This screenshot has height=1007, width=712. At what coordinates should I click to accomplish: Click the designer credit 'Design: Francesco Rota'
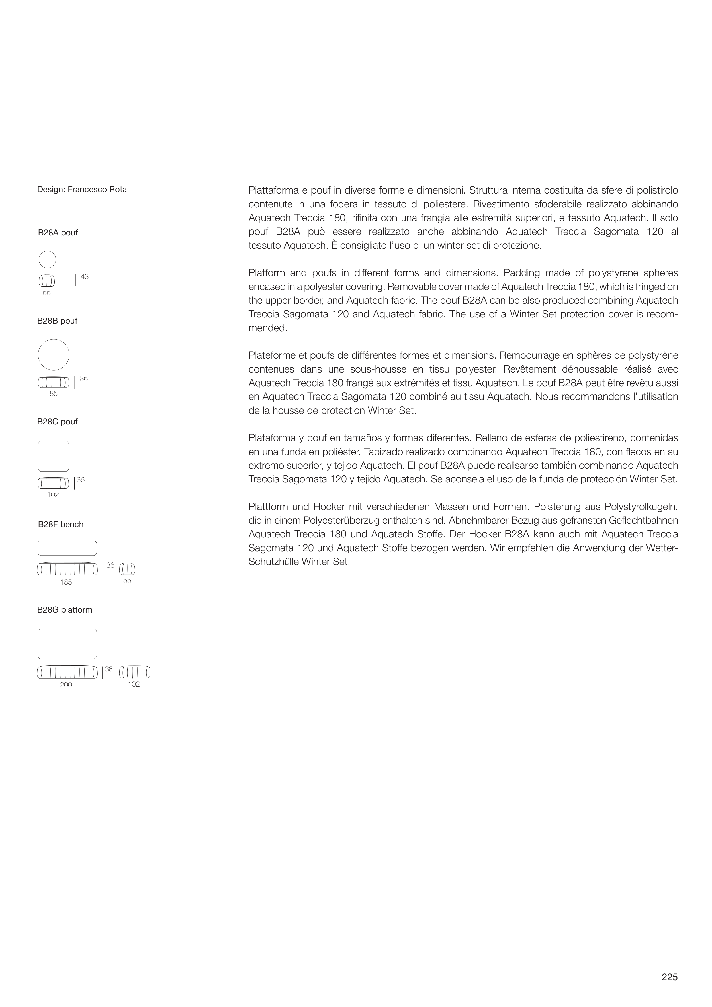tap(82, 190)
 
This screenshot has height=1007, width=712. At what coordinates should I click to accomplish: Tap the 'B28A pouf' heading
tap(58, 233)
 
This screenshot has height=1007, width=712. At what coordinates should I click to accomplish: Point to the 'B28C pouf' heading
tap(57, 422)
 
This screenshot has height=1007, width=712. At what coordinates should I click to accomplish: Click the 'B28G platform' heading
tap(65, 610)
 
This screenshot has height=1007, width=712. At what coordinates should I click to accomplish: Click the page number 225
tap(669, 977)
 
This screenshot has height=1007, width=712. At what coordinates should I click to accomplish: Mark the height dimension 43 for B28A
tap(85, 277)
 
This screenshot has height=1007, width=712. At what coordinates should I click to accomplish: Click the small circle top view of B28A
tap(47, 259)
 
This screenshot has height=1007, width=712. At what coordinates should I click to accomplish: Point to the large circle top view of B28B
tap(54, 355)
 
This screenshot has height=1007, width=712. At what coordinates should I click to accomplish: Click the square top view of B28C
tap(54, 456)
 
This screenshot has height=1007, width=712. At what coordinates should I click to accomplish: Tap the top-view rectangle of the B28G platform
tap(67, 644)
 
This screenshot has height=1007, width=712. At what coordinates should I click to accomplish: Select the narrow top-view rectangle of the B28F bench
tap(67, 548)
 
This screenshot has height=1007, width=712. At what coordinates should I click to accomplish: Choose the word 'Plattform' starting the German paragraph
tap(267, 507)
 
